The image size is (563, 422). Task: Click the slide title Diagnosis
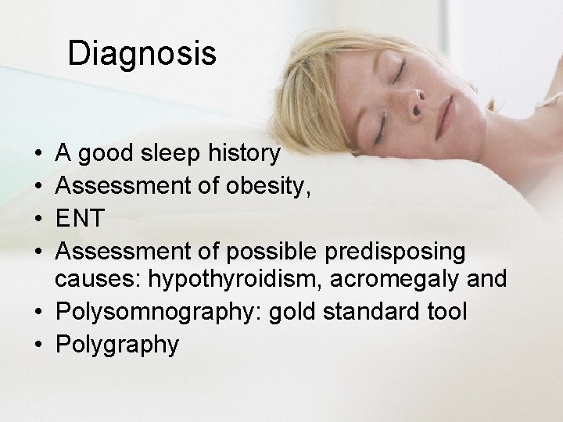142,53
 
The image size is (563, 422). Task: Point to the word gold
288,312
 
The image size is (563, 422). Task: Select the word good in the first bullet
109,154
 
